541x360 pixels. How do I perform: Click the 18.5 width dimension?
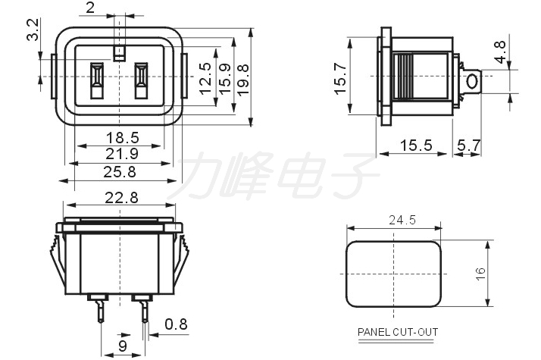tap(123, 138)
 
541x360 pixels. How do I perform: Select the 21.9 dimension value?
tap(122, 154)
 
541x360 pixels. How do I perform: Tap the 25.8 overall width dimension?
tap(120, 172)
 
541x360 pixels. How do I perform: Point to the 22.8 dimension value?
tap(121, 198)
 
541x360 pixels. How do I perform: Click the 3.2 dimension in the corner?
tap(33, 30)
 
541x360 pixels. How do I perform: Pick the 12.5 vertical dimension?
tap(205, 79)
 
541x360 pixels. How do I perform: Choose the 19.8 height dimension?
tap(243, 80)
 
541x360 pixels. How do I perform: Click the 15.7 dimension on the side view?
tap(340, 79)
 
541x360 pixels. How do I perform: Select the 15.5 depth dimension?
tap(416, 146)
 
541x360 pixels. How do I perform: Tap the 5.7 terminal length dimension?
tap(469, 146)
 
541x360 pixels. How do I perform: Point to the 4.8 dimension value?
tap(500, 52)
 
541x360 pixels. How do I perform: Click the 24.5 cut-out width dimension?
tap(402, 220)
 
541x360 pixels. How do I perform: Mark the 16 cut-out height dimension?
tap(480, 274)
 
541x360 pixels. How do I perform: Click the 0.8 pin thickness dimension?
tap(176, 324)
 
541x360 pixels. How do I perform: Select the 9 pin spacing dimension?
tap(123, 346)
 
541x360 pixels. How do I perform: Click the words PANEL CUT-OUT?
tap(398, 332)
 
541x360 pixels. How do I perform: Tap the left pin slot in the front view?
tap(97, 80)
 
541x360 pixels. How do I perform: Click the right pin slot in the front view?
tap(141, 80)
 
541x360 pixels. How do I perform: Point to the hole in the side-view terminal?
tap(471, 82)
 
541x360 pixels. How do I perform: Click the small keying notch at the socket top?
tap(120, 53)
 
